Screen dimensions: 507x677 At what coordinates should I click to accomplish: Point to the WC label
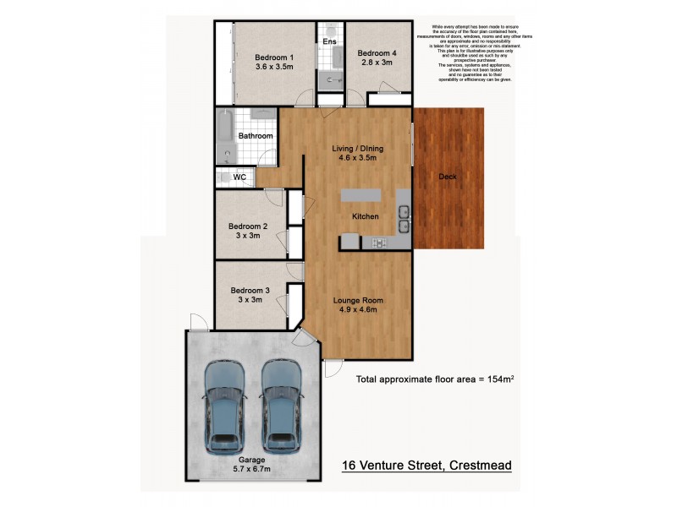coord(239,177)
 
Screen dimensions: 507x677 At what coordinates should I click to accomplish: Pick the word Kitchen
coord(366,217)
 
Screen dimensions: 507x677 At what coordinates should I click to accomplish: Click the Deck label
coord(449,177)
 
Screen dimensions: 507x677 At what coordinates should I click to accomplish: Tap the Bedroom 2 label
coord(248,226)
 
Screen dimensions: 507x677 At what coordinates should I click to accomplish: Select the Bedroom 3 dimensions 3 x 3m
coord(248,300)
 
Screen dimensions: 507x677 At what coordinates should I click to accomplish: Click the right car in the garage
coord(281,406)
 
